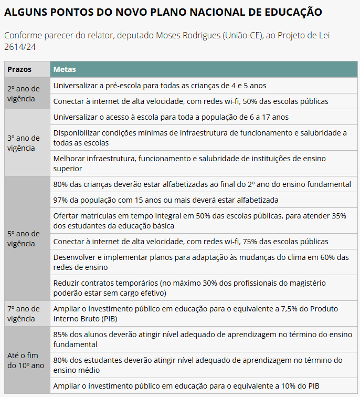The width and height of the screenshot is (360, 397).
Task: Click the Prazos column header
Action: [19, 69]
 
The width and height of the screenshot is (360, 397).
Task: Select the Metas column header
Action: [65, 69]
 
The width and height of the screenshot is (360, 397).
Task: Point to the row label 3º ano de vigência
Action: [24, 143]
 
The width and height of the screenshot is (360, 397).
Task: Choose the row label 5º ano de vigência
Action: [24, 238]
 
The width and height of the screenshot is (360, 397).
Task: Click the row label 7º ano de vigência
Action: [24, 314]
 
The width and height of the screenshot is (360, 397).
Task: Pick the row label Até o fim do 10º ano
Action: [26, 360]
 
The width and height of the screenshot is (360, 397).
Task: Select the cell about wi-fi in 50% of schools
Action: [190, 101]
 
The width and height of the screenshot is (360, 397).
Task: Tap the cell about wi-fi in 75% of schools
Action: [190, 242]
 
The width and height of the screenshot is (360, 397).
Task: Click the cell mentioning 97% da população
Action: [165, 200]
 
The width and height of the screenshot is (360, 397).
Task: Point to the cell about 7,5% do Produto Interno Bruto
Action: [195, 314]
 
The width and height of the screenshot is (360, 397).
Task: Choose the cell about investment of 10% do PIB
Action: [185, 386]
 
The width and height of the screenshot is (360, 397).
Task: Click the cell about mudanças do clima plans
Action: [200, 262]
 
